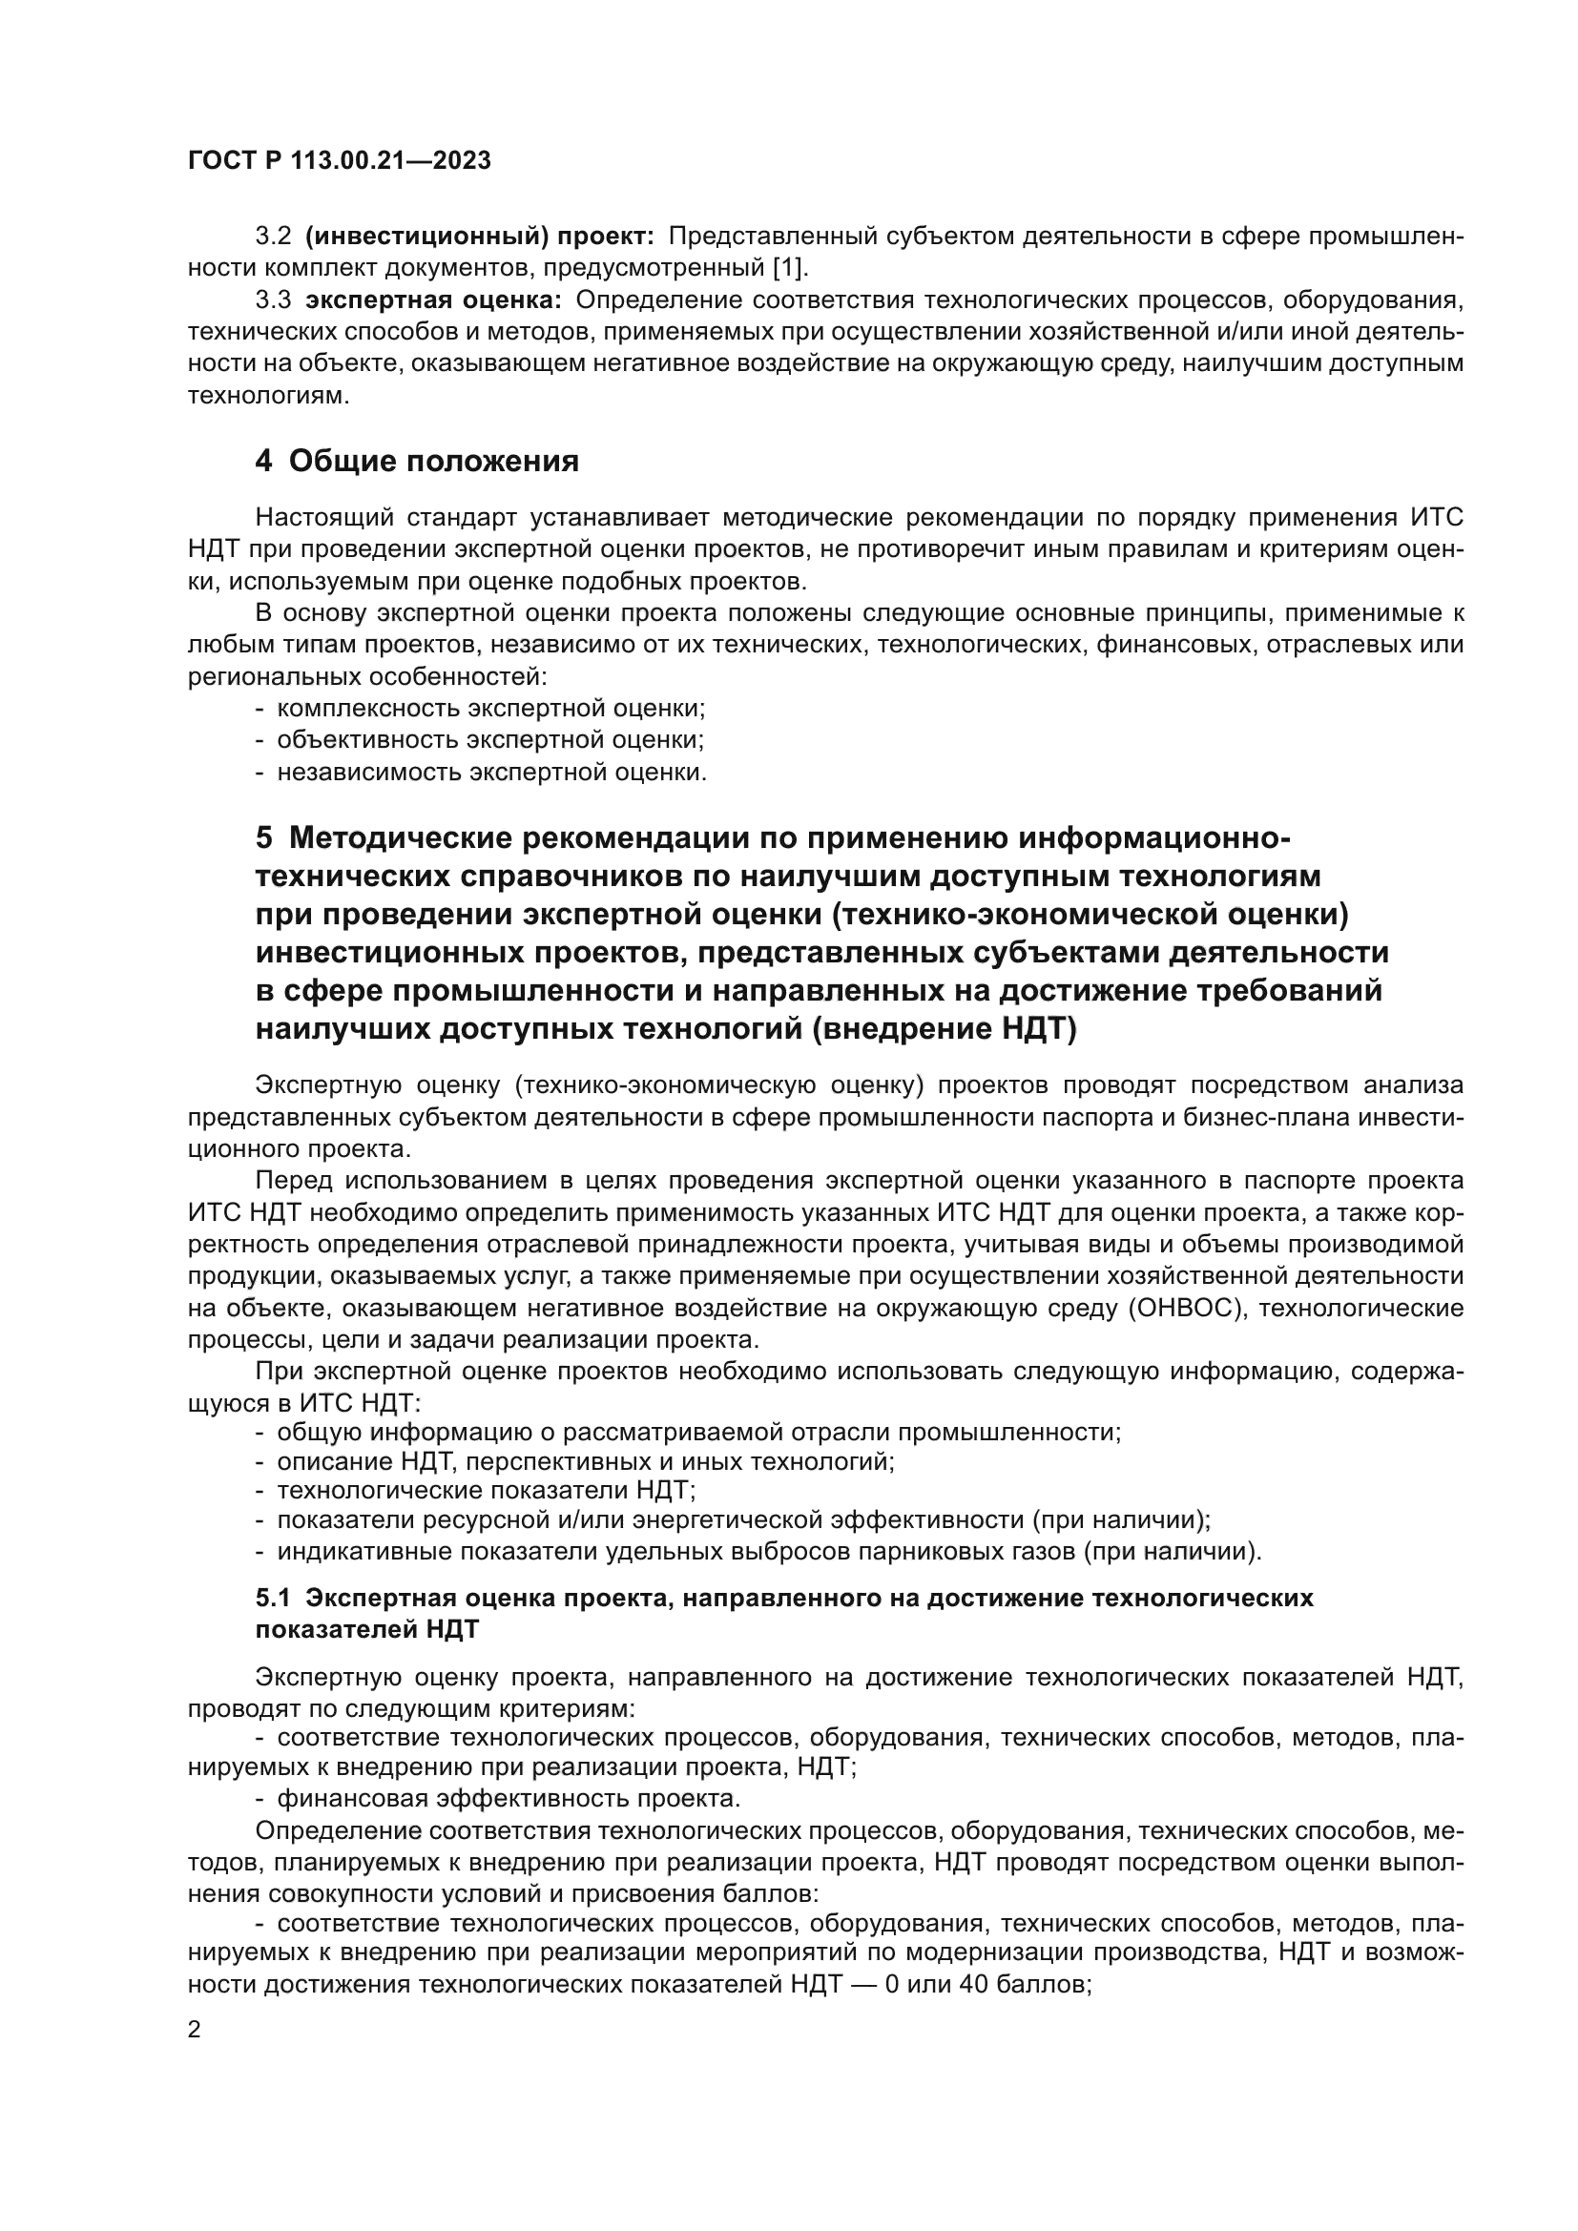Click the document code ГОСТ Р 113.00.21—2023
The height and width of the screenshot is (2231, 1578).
coord(339,161)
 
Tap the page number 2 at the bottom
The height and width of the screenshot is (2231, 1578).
coord(195,2031)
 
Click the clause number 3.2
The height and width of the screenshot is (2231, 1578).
coord(273,237)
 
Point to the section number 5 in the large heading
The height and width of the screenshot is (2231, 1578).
coord(264,837)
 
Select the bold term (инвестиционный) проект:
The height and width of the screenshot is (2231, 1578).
coord(480,237)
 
